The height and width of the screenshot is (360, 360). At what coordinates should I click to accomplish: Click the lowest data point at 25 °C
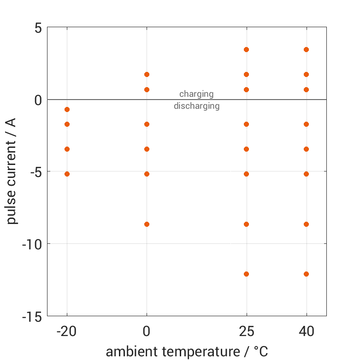coord(246,274)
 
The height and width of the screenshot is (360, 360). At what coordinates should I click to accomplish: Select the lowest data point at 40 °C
coord(306,274)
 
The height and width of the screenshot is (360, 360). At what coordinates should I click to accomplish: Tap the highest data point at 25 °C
coord(246,49)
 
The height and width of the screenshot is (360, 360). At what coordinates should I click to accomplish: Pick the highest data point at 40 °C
coord(306,49)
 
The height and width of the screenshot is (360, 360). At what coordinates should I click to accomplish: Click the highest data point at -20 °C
coord(67,109)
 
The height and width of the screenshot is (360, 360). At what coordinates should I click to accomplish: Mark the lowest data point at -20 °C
coord(67,174)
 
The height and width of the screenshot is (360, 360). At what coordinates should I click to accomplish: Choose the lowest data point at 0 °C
coord(147,224)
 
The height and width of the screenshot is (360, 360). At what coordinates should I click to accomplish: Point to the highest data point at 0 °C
coord(147,74)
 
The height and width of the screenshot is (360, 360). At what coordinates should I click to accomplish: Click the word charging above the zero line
coord(196,94)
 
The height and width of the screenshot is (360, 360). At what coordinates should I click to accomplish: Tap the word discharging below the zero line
coord(196,106)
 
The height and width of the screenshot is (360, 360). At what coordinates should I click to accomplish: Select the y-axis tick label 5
coord(38,28)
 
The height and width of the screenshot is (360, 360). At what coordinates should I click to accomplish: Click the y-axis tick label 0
coord(38,100)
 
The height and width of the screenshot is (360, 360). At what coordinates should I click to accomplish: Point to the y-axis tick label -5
coord(34,172)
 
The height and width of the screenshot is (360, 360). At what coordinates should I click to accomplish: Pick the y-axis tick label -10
coord(31,244)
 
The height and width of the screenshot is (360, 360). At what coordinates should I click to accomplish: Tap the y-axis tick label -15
coord(31,317)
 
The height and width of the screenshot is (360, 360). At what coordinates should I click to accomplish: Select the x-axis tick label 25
coord(246,331)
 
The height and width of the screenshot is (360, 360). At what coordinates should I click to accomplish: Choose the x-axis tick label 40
coord(306,331)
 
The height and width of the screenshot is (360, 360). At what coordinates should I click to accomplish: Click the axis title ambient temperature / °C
coord(187,352)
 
